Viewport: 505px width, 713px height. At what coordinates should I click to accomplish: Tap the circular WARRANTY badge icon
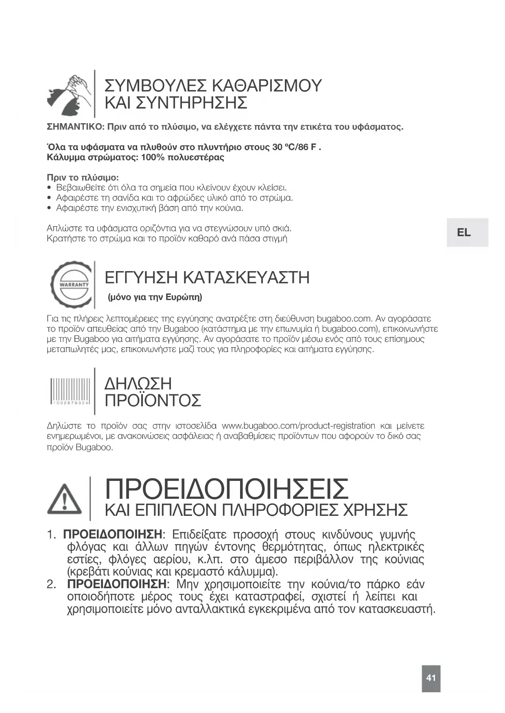click(x=72, y=285)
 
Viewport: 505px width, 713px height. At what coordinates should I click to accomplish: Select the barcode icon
click(x=70, y=392)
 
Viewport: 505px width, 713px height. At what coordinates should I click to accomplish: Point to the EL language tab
click(x=464, y=233)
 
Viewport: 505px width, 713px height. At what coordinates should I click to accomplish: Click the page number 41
click(x=431, y=678)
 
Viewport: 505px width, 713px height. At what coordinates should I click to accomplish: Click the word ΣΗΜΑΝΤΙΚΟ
click(x=76, y=127)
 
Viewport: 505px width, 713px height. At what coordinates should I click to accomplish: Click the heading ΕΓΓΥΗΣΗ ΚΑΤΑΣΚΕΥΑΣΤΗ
click(x=207, y=278)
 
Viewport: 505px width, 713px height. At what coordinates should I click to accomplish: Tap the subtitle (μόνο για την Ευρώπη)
click(x=155, y=297)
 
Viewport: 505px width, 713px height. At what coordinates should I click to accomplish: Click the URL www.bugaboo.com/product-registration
click(x=298, y=426)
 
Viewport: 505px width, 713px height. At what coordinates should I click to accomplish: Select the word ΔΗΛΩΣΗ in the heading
click(x=138, y=384)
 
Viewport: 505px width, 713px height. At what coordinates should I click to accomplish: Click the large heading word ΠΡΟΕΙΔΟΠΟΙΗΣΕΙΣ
click(x=227, y=489)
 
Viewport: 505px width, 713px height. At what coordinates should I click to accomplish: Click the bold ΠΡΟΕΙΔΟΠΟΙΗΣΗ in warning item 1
click(x=112, y=534)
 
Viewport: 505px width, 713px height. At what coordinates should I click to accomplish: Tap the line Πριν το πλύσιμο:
click(x=83, y=178)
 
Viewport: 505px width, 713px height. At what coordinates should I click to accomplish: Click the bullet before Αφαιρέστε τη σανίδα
click(x=49, y=198)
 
